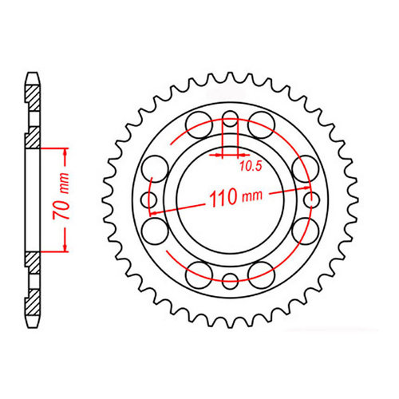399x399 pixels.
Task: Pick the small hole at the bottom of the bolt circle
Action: pyautogui.click(x=230, y=280)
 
